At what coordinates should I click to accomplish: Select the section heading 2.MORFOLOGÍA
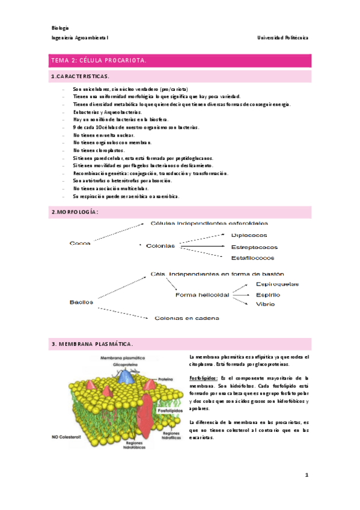[75, 212]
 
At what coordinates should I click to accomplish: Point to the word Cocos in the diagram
[81, 243]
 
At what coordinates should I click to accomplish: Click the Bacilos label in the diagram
[82, 303]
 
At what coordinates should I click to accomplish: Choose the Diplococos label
[249, 236]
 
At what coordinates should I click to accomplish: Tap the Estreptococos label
[254, 247]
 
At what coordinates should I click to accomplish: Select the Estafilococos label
[253, 257]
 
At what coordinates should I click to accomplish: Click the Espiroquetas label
[277, 284]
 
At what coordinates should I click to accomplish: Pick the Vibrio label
[266, 304]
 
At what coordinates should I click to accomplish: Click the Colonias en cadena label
[187, 318]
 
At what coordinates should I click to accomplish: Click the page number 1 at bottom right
[307, 475]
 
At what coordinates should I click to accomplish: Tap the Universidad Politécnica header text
[282, 37]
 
